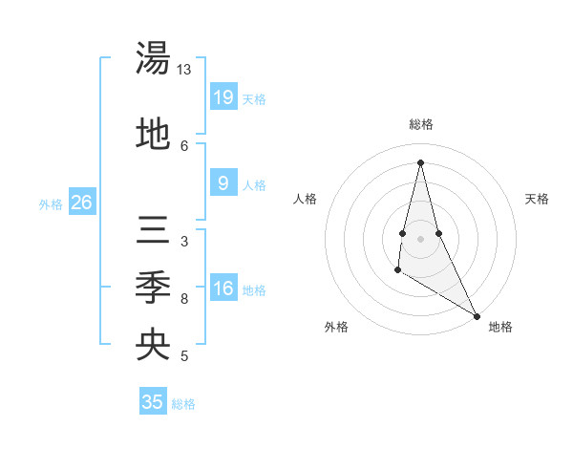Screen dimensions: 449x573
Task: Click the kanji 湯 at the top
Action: point(153,58)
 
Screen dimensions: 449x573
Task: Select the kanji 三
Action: point(153,232)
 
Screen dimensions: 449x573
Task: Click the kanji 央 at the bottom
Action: point(153,345)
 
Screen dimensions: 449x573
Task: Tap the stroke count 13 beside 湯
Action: point(184,71)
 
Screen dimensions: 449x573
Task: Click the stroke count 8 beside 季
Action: point(184,299)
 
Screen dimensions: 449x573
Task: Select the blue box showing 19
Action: point(223,97)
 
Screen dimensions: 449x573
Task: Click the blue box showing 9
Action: point(223,184)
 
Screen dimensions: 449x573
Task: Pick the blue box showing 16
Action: point(223,289)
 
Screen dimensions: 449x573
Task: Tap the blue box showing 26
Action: point(81,203)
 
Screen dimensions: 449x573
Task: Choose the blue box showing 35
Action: point(153,402)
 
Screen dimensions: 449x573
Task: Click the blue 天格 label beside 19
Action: point(254,99)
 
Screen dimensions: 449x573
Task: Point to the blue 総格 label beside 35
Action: point(183,404)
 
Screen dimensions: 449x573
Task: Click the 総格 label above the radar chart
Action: point(421,124)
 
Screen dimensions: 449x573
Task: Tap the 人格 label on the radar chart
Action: point(305,199)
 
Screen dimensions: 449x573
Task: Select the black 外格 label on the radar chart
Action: point(336,328)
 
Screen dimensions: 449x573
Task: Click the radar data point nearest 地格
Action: point(477,316)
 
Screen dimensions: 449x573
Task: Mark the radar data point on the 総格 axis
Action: point(420,161)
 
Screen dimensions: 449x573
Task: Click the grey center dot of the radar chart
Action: point(420,238)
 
